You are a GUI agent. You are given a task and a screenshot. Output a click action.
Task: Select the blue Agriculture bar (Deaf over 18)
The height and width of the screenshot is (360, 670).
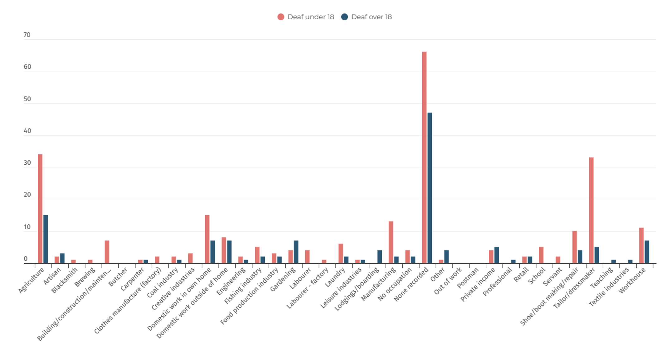tap(46, 239)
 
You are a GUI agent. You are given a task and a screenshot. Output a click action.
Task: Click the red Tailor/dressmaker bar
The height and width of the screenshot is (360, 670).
tap(591, 210)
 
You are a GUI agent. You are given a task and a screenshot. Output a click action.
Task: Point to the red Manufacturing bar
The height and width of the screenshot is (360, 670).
tap(391, 242)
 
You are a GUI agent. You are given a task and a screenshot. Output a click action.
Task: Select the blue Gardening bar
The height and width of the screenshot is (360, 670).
tap(296, 252)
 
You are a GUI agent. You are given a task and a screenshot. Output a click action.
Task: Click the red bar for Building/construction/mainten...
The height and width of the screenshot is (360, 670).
tap(107, 252)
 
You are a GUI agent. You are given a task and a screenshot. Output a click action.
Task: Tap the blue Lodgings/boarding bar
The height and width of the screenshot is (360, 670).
tap(380, 256)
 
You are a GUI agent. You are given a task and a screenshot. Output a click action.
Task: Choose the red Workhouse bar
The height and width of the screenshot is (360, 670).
tap(641, 246)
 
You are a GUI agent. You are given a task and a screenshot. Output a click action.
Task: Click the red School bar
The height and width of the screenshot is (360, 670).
tap(541, 255)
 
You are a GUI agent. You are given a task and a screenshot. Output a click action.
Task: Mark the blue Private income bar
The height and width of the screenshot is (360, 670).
tap(497, 255)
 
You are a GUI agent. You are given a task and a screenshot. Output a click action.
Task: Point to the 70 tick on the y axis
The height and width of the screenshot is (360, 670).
tap(27, 35)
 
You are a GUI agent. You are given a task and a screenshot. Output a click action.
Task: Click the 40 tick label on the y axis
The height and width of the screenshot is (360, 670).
tap(27, 131)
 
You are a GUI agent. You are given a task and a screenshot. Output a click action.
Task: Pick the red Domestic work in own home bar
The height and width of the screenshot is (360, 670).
tap(207, 239)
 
